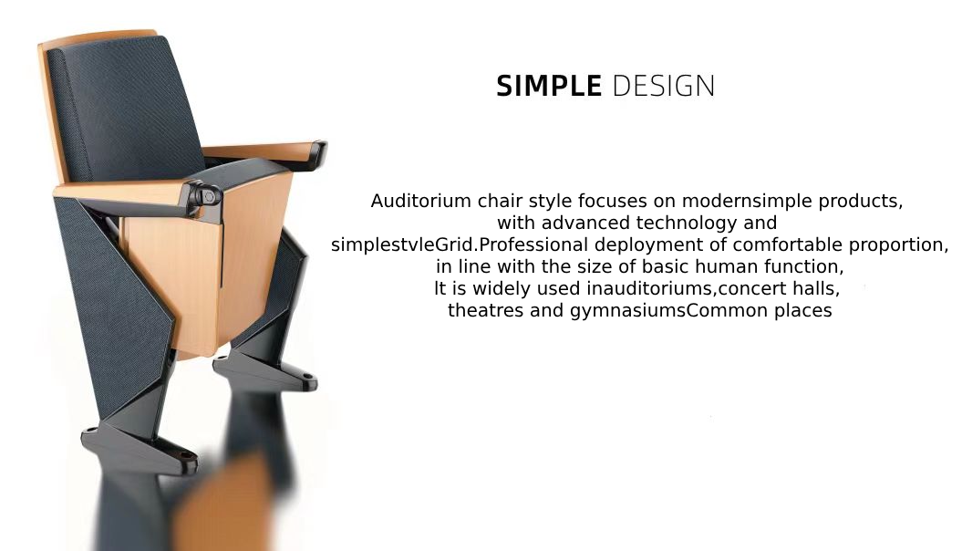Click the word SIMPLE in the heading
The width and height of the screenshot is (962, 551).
[x=549, y=86]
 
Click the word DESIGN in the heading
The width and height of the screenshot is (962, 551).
[x=664, y=86]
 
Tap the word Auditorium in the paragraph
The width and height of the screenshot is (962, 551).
[x=421, y=201]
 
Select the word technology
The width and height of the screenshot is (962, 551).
[x=687, y=223]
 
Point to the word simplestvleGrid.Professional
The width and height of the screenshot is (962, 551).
[x=460, y=244]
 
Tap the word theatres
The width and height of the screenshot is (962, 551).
[x=486, y=310]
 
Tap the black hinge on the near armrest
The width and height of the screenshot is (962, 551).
[x=204, y=196]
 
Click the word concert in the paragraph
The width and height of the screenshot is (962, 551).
[x=754, y=288]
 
